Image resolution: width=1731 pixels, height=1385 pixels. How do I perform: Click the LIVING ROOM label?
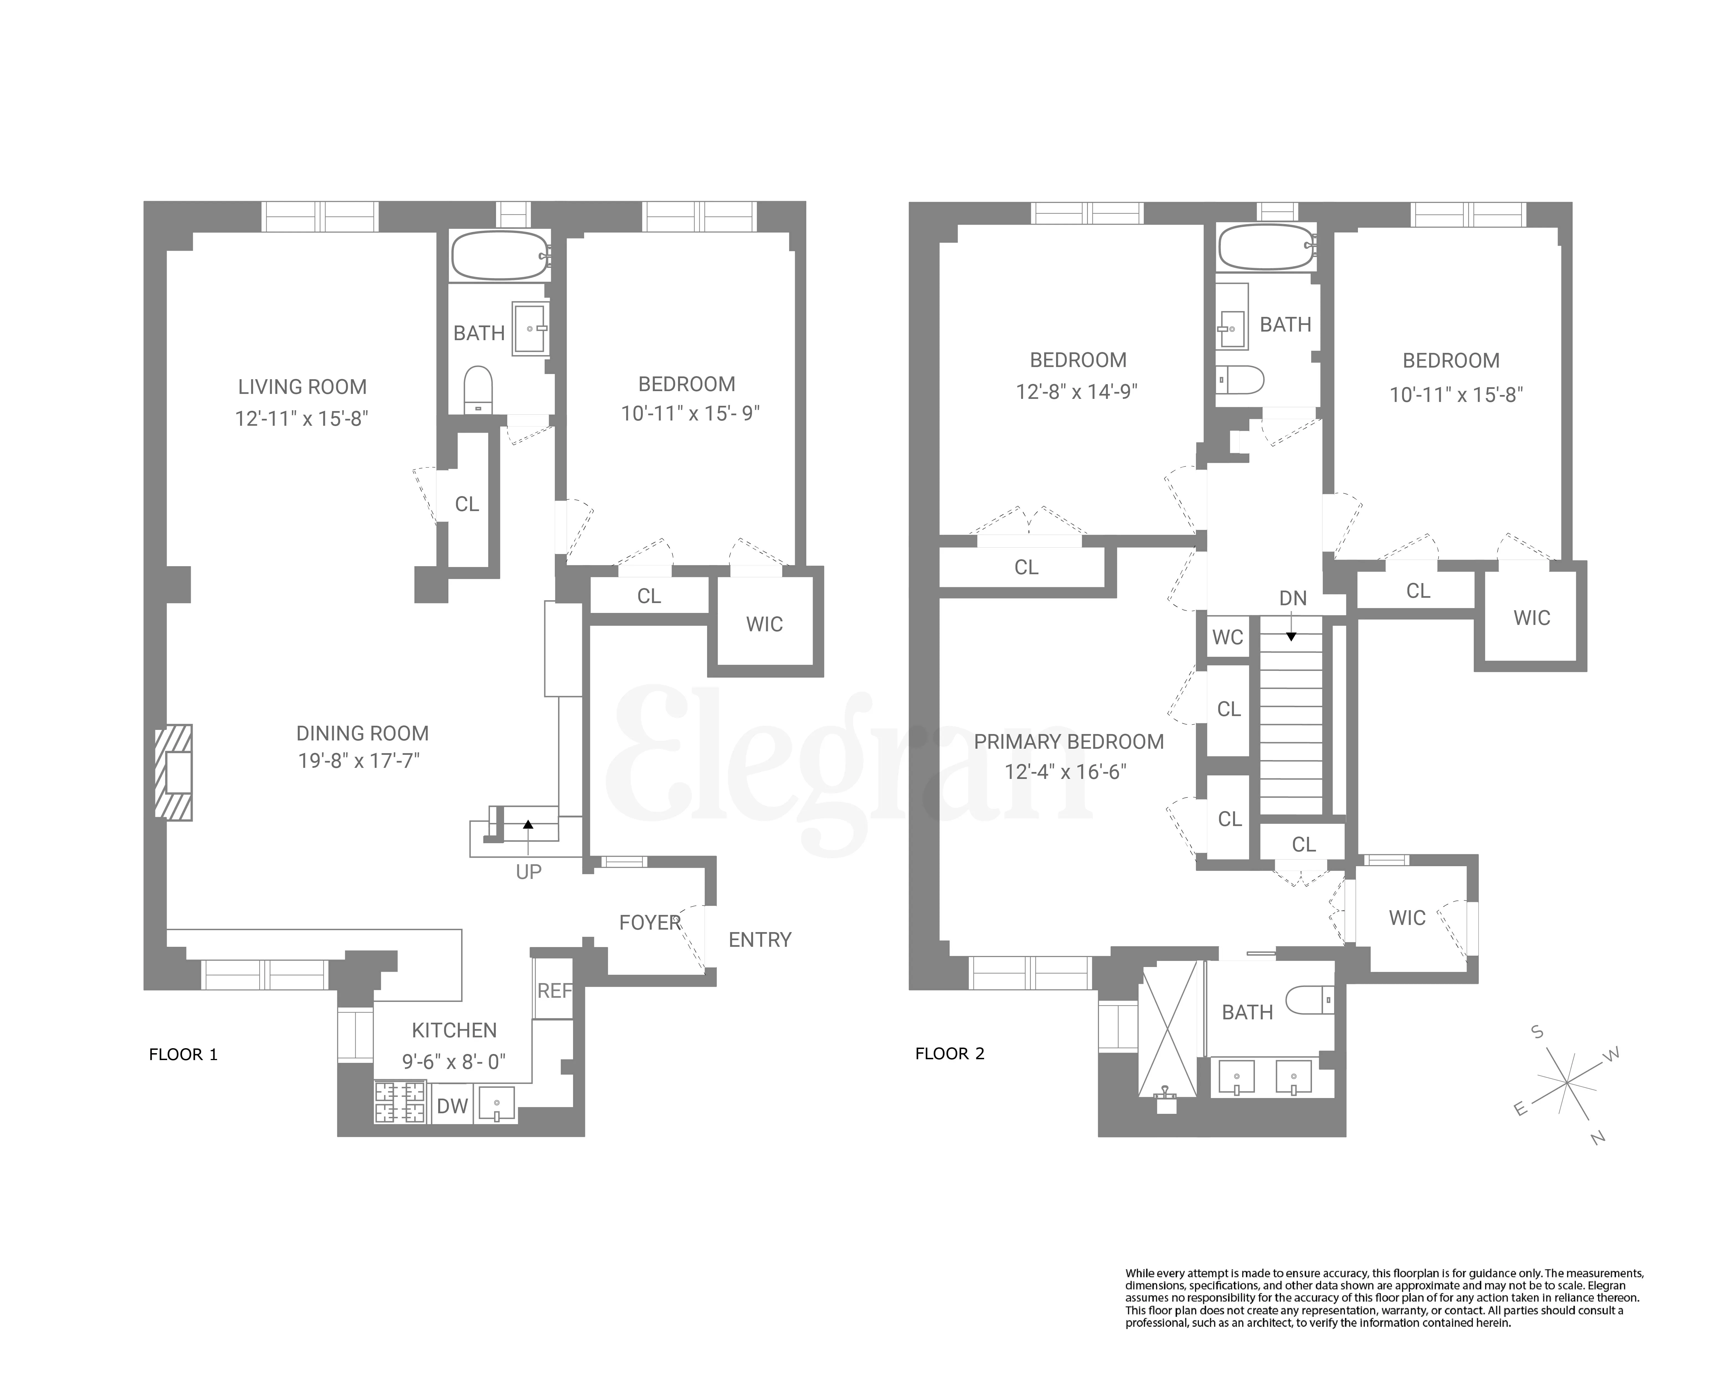pos(302,387)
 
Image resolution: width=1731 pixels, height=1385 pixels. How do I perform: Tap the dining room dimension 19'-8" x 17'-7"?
pos(359,760)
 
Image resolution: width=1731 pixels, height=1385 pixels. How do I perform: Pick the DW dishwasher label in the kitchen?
pos(452,1106)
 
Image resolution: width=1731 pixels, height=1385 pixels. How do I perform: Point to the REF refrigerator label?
pos(554,991)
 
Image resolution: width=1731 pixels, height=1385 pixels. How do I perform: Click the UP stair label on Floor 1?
pos(528,872)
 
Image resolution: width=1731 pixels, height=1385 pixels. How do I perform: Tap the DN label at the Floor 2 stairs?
pos(1293,598)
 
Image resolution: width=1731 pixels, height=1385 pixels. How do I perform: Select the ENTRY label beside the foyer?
pos(759,939)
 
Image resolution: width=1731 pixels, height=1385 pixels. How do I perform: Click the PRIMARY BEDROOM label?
pos(1069,742)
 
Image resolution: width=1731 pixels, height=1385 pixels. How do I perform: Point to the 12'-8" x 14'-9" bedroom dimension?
pos(1077,392)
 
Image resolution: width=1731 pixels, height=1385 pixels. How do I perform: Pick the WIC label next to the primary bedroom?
pos(1407,918)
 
